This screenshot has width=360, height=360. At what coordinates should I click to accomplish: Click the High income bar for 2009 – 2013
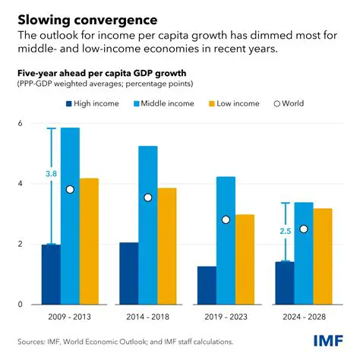[51, 274]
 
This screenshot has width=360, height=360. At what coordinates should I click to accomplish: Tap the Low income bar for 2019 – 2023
[245, 259]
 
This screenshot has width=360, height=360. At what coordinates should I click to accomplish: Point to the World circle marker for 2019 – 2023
[226, 219]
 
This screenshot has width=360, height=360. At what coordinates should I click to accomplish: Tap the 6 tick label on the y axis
[21, 123]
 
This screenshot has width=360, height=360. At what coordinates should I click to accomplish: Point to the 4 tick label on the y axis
[21, 184]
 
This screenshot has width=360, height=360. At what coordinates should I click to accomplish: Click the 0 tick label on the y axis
[21, 305]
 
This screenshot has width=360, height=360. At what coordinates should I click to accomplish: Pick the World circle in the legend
[278, 103]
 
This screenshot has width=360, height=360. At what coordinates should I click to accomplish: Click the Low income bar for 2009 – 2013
[90, 242]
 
